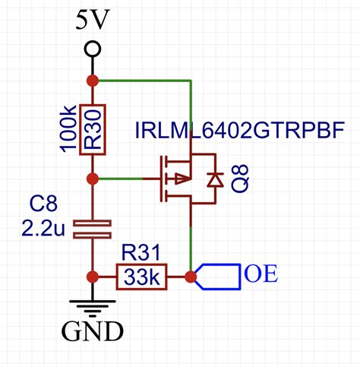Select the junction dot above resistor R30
point(93,80)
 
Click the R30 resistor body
point(93,130)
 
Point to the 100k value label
point(68,130)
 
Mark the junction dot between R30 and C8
point(93,179)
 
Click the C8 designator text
point(44,204)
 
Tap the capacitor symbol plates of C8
point(93,228)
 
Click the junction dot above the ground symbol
point(93,277)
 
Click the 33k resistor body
point(141,278)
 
